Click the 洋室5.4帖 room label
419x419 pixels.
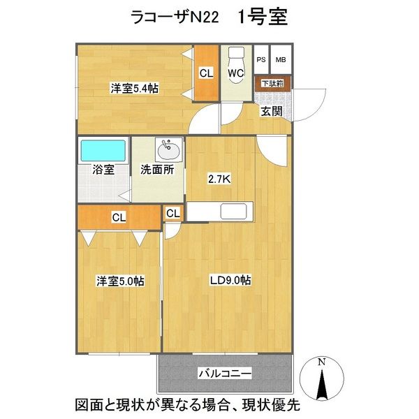coord(133,89)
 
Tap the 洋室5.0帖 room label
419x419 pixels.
coord(120,281)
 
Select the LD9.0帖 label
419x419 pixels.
coord(231,281)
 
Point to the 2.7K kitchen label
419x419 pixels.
coord(220,179)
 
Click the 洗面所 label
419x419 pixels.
coord(158,169)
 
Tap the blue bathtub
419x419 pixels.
coord(103,150)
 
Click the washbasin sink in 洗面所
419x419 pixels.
coord(168,149)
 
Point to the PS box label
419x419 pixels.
coord(261,60)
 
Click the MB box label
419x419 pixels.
coord(281,60)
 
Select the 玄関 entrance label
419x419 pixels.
coord(272,110)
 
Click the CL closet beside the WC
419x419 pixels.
coord(206,72)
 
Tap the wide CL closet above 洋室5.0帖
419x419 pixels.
coord(119,218)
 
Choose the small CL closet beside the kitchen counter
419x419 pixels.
coord(173,213)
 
